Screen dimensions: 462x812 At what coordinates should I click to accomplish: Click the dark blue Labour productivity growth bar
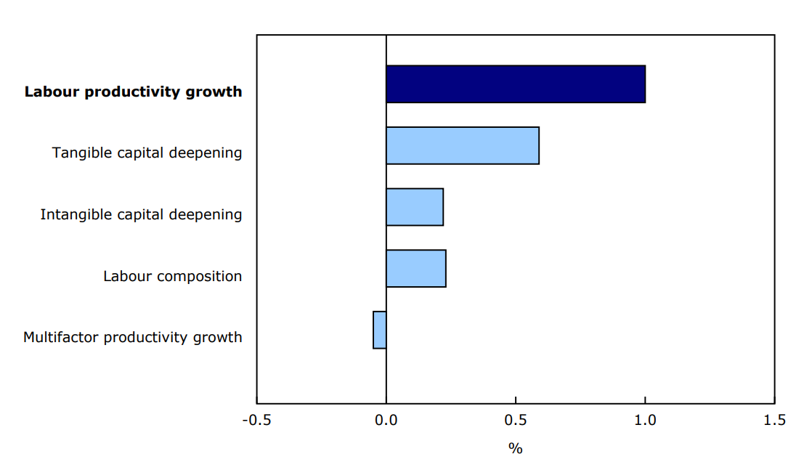pos(516,84)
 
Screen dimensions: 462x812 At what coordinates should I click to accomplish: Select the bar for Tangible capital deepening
pos(463,145)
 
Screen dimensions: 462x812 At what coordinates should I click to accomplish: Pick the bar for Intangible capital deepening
pos(415,207)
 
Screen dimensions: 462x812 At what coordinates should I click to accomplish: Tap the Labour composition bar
pos(416,269)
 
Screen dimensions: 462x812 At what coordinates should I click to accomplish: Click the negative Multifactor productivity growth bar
pos(380,330)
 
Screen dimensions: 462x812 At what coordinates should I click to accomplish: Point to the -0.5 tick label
pos(256,421)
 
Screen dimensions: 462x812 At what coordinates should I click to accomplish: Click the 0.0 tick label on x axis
pos(386,421)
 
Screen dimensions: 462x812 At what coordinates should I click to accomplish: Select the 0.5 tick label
pos(516,421)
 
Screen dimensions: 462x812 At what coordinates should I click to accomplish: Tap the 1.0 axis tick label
pos(645,421)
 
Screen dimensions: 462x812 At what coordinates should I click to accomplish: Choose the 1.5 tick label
pos(774,421)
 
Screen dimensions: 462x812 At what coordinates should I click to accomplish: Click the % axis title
pos(516,448)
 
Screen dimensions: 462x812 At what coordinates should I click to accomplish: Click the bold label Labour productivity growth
pos(134,92)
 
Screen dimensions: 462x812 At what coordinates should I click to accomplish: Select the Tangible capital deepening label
pos(147,153)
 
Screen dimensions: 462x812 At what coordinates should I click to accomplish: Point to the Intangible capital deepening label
pos(142,215)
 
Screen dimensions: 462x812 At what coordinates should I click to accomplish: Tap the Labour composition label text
pos(173,277)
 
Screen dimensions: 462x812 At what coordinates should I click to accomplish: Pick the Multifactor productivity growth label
pos(133,338)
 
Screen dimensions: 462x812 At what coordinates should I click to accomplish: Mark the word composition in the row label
pos(200,277)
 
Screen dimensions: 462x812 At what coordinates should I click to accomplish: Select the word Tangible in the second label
pos(78,153)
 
